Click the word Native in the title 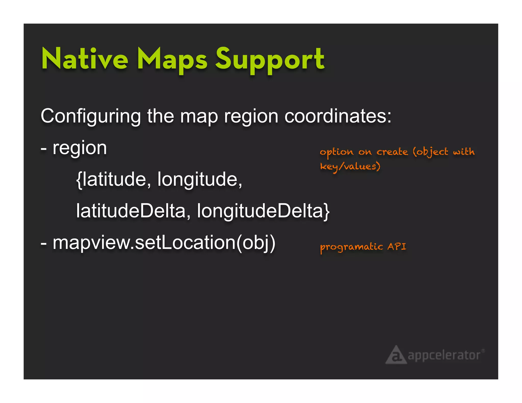(85, 59)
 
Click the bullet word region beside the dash (80, 149)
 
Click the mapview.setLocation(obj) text (164, 243)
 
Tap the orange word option (336, 152)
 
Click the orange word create (392, 152)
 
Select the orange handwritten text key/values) (350, 167)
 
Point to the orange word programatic (351, 247)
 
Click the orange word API (397, 246)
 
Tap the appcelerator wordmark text (444, 355)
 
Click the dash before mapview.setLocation (44, 244)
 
